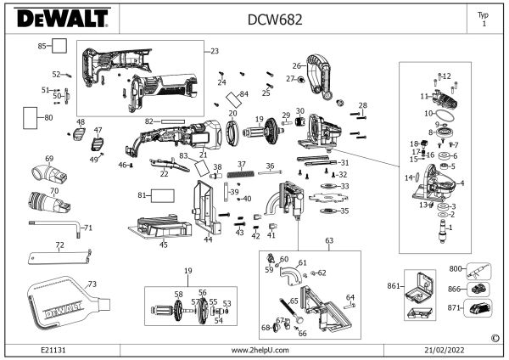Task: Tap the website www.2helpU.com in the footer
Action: (x=260, y=350)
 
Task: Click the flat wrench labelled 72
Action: (x=55, y=256)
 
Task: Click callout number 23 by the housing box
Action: (x=214, y=51)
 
